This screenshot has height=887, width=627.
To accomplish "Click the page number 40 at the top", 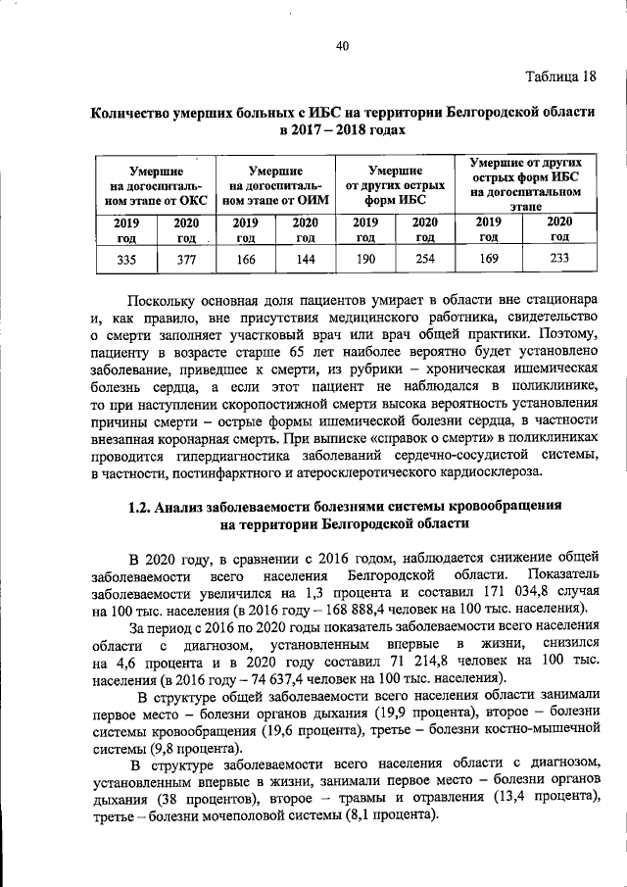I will click(342, 46).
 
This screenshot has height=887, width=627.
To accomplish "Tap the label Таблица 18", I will click(559, 76).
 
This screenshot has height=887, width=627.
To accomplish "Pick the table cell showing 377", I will click(185, 259).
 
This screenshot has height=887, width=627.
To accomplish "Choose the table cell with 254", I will click(424, 259).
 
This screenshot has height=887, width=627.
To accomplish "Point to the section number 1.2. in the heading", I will click(143, 506).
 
